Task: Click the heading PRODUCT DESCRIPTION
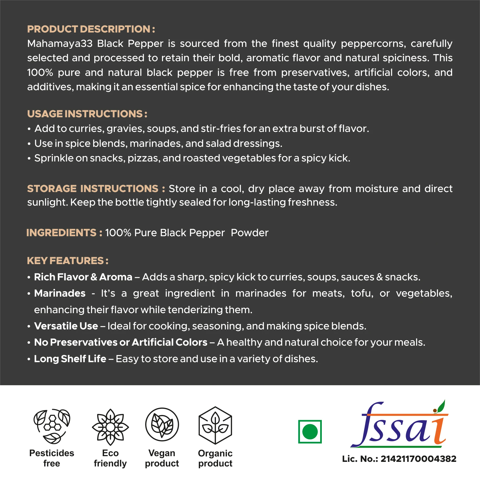[x=91, y=29]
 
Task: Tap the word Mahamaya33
[x=60, y=44]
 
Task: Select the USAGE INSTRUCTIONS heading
[x=87, y=114]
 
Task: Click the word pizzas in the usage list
[x=144, y=158]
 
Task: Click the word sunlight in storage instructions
[x=47, y=202]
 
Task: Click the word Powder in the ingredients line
[x=249, y=233]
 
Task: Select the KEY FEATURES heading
[x=67, y=261]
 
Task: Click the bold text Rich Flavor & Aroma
[x=83, y=277]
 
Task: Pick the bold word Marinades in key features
[x=60, y=293]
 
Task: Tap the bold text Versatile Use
[x=66, y=326]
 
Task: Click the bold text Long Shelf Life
[x=70, y=359]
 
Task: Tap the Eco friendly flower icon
[x=110, y=427]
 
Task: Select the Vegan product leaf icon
[x=162, y=425]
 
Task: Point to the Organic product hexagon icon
[x=215, y=425]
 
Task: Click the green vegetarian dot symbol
[x=310, y=432]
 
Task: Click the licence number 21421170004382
[x=418, y=459]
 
